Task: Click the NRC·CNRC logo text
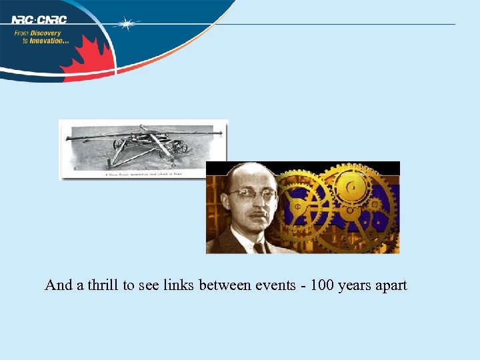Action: pyautogui.click(x=39, y=19)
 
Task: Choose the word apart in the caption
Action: pyautogui.click(x=390, y=286)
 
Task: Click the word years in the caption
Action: pyautogui.click(x=353, y=286)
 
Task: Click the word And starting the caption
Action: pyautogui.click(x=58, y=285)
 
